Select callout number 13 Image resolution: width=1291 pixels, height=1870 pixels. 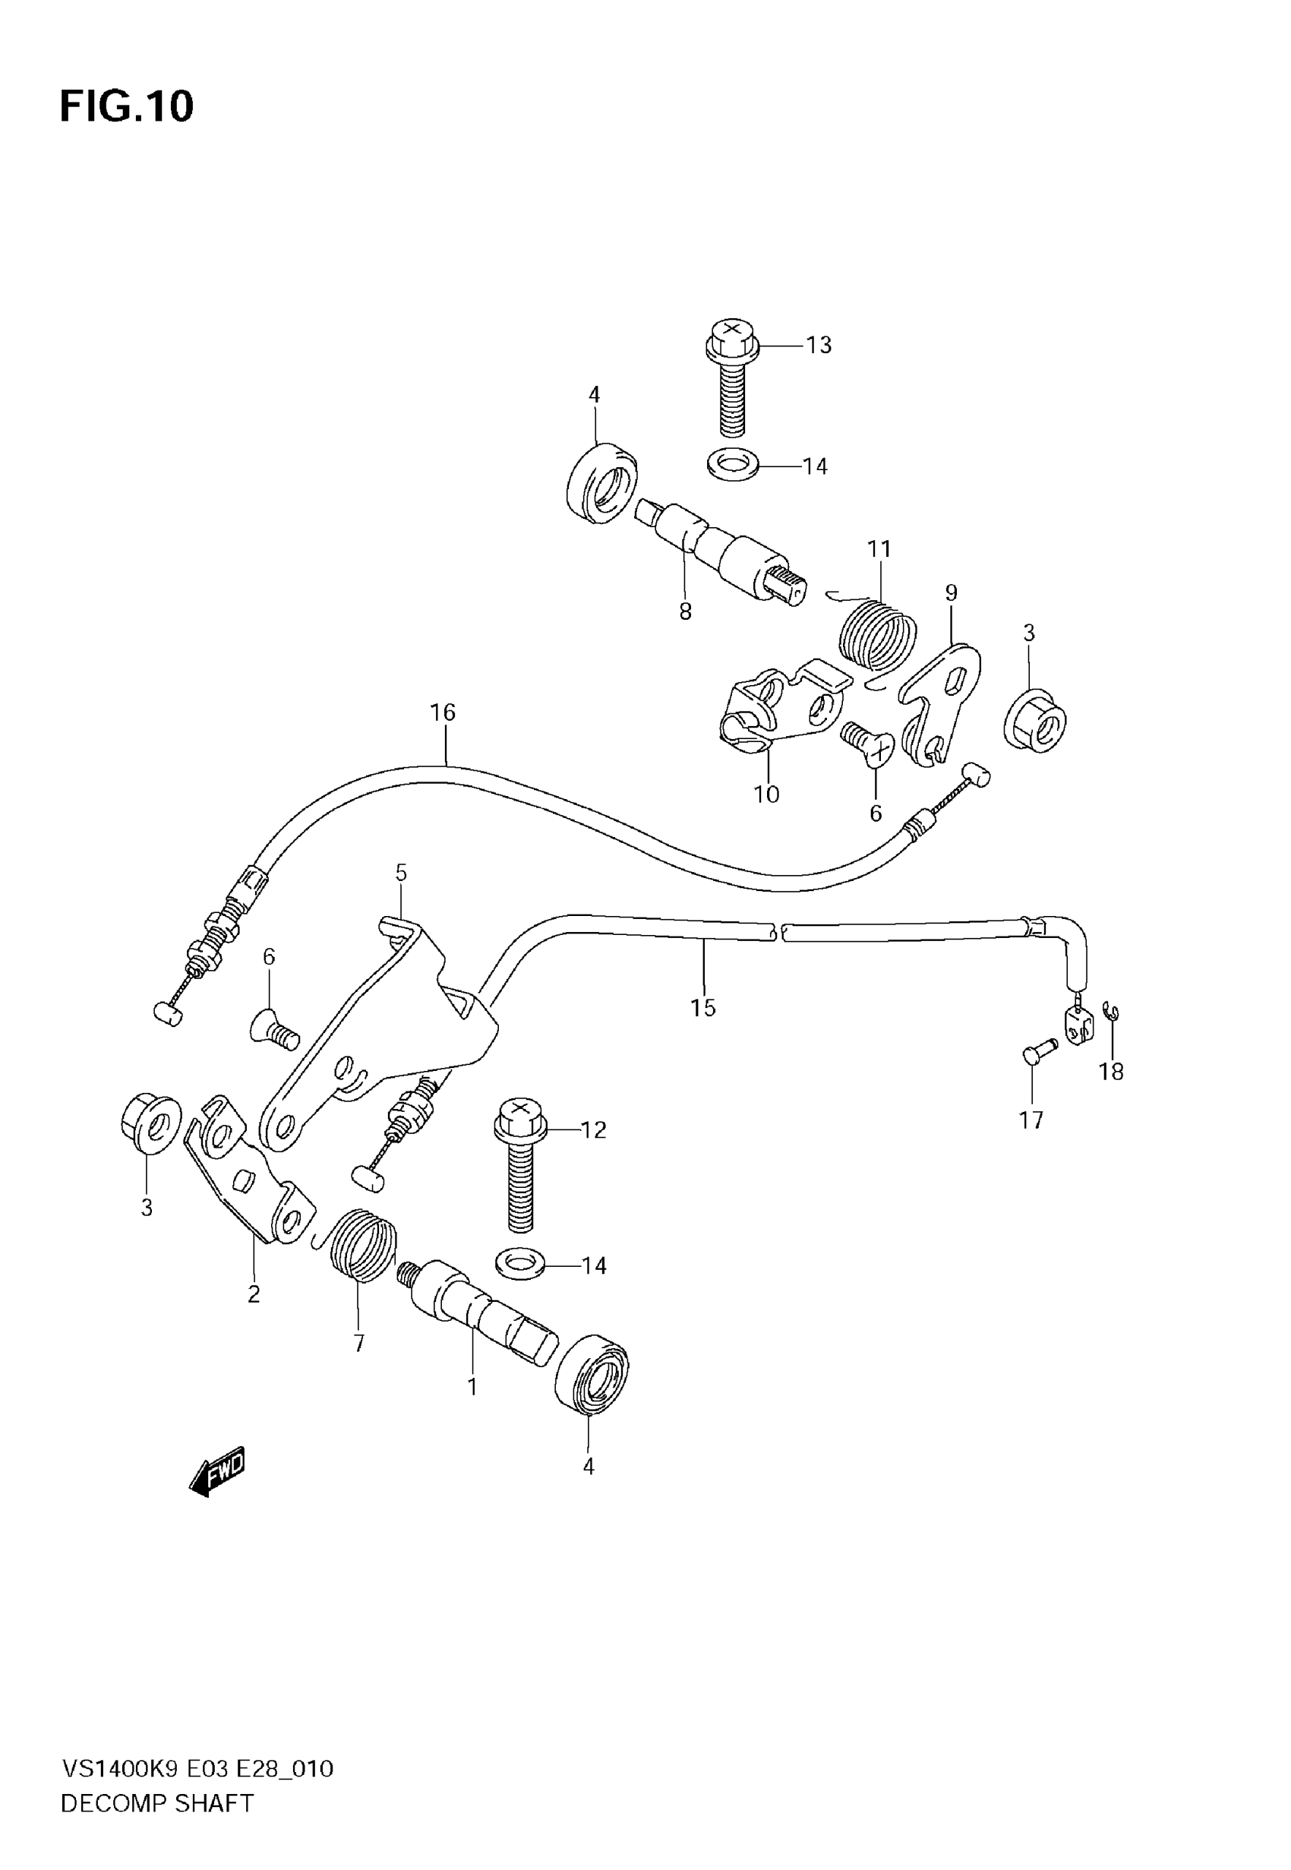819,346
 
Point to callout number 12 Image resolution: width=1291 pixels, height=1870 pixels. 594,1130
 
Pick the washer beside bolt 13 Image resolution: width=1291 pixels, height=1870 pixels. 733,466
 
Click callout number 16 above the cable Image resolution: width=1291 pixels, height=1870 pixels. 443,712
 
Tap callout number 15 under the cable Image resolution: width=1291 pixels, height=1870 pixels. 703,1008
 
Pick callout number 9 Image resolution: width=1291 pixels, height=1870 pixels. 952,593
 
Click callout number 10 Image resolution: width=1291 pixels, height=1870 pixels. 766,794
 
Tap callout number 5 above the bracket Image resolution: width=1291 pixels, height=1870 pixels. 401,873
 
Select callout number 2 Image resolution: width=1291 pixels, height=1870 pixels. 254,1295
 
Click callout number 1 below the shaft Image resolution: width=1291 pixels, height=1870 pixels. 472,1387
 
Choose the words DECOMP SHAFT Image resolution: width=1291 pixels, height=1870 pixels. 158,1804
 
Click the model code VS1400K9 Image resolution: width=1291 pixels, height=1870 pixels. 121,1769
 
